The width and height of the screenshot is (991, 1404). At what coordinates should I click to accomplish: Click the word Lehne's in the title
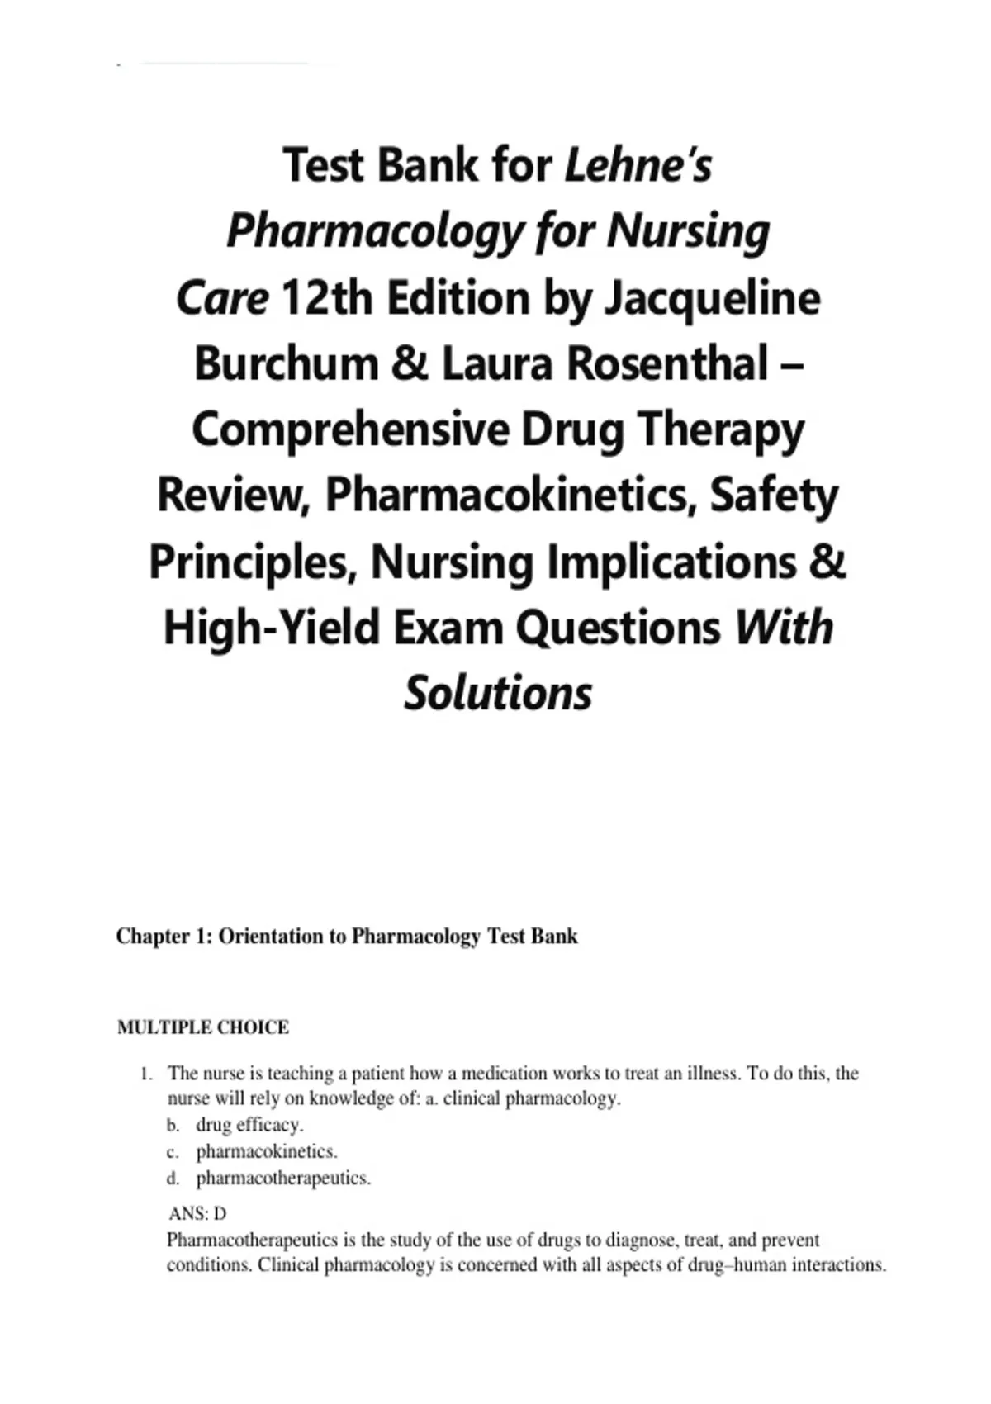coord(638,165)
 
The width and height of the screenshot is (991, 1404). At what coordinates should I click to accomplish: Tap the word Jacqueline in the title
coord(713,298)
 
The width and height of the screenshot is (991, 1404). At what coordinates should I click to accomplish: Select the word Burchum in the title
coord(286,364)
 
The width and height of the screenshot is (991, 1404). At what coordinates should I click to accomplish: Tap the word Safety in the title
coord(774,496)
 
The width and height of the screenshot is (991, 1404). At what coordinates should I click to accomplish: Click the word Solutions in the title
coord(498,692)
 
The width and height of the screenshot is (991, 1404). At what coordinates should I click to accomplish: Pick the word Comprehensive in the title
coord(349,430)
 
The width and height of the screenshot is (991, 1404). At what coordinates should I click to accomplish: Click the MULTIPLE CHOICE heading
coord(203,1027)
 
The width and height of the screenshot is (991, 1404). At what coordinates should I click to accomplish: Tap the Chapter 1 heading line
coord(347,937)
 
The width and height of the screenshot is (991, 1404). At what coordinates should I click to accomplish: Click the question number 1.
coord(146,1074)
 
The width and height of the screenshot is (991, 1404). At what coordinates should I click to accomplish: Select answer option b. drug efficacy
coord(249,1125)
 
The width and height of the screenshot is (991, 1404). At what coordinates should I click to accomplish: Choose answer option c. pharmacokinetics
coord(266,1151)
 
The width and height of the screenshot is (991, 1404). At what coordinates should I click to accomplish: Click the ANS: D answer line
coord(197,1213)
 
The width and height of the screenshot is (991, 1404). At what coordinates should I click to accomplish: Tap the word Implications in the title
coord(671,562)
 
